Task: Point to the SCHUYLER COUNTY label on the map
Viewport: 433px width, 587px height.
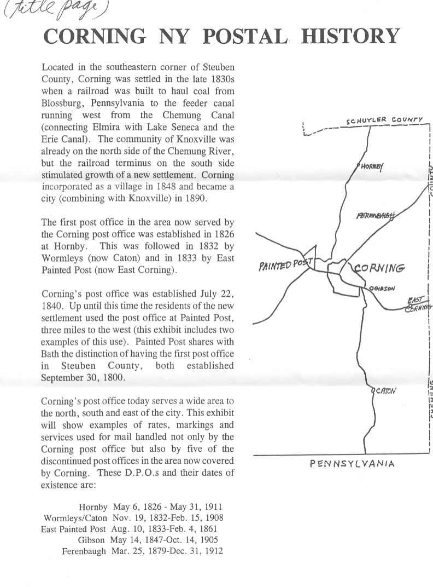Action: pos(384,120)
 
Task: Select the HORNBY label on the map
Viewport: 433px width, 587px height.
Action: pos(372,166)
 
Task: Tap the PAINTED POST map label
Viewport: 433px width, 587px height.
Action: pos(284,264)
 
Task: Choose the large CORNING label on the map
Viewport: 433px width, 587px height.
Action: pos(379,268)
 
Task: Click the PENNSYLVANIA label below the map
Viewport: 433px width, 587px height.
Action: pos(352,463)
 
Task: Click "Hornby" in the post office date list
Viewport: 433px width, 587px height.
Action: pos(92,507)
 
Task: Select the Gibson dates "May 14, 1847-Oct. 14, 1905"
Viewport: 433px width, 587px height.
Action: pos(167,540)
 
